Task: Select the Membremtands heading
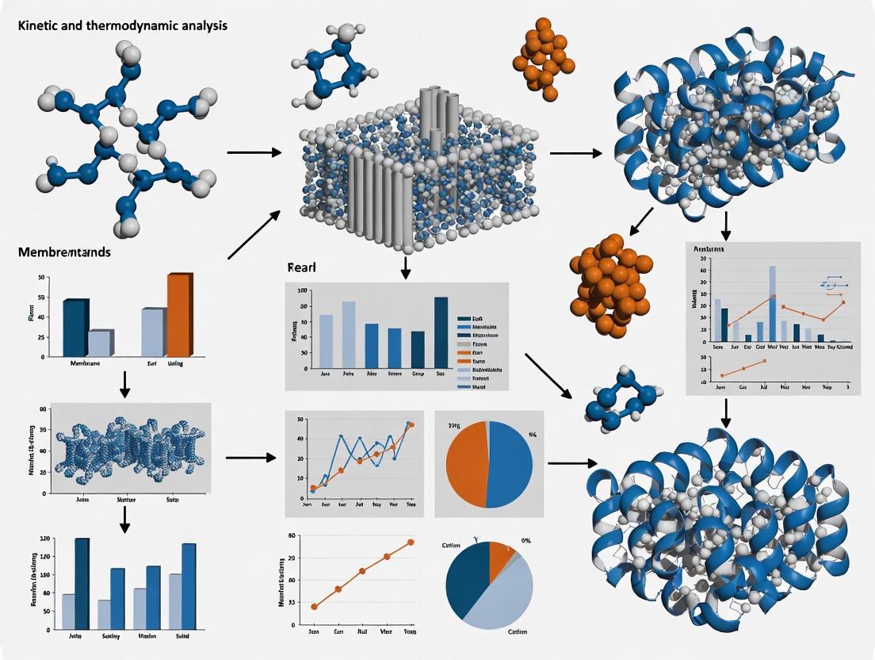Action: (64, 252)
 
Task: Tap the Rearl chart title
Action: (301, 268)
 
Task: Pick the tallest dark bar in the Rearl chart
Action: (441, 333)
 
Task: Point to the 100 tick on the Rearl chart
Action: (302, 291)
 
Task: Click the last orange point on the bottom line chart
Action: (411, 543)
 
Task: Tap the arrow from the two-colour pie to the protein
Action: (571, 462)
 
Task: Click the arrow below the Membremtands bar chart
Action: (124, 384)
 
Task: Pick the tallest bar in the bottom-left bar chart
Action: (82, 583)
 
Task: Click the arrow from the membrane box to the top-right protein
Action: (575, 152)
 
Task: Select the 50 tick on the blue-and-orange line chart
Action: (300, 419)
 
